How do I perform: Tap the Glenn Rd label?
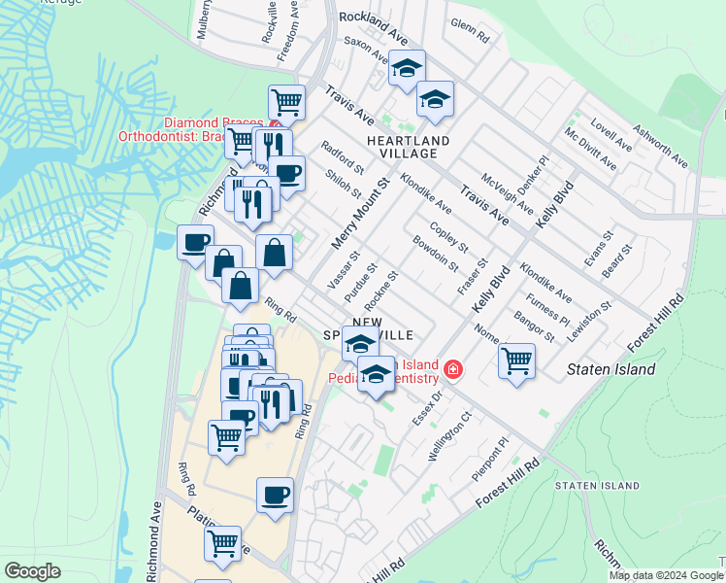tap(470, 31)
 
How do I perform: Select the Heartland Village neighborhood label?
tap(409, 147)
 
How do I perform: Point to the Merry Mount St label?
tap(360, 212)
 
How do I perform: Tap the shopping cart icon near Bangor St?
tap(517, 360)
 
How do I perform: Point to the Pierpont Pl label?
tap(490, 457)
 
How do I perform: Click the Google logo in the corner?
tap(33, 571)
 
